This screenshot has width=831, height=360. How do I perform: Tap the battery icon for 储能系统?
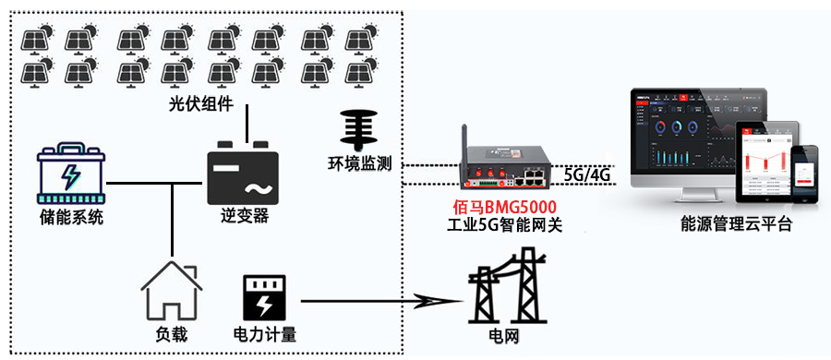click(69, 173)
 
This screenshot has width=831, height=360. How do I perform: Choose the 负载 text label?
click(171, 334)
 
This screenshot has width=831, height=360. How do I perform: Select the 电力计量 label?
click(265, 334)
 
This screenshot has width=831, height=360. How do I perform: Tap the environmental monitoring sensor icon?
click(359, 130)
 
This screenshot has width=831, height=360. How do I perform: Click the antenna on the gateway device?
click(468, 138)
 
